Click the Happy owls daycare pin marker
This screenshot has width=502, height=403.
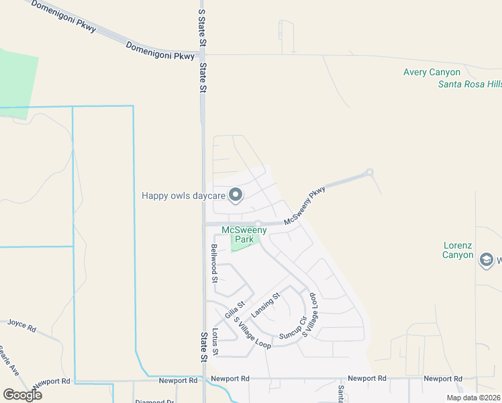[236, 195]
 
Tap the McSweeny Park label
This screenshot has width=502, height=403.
[244, 234]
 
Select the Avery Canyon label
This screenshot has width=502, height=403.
[432, 73]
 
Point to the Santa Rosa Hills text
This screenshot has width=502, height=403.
[469, 84]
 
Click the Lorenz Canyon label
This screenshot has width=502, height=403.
[458, 250]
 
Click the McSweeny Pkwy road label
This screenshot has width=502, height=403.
[304, 206]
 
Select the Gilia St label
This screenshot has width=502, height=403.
[232, 311]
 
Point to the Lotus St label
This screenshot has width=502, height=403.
[215, 342]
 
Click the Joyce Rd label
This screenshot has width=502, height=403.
[21, 325]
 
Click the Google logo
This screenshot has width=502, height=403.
[22, 395]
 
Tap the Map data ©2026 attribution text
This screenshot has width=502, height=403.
[472, 398]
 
